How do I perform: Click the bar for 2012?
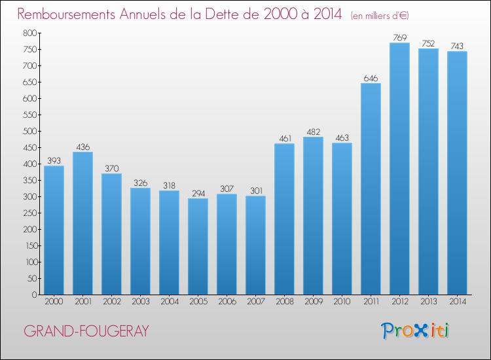click(399, 169)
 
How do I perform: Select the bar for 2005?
click(198, 246)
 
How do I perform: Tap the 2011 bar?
click(371, 189)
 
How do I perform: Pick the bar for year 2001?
click(82, 223)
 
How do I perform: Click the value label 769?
click(400, 37)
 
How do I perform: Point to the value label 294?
click(198, 194)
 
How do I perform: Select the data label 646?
click(371, 79)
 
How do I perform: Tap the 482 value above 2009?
click(314, 132)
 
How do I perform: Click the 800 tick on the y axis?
click(29, 33)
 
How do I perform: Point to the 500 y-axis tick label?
click(29, 131)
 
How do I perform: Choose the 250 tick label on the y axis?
click(29, 213)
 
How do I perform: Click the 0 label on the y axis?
click(35, 295)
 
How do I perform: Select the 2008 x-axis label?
click(285, 301)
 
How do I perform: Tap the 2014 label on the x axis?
click(458, 301)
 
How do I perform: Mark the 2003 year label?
click(141, 301)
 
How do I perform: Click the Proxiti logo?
click(414, 331)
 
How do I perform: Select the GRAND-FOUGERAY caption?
click(86, 331)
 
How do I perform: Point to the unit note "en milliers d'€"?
click(380, 15)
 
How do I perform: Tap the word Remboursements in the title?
click(66, 14)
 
